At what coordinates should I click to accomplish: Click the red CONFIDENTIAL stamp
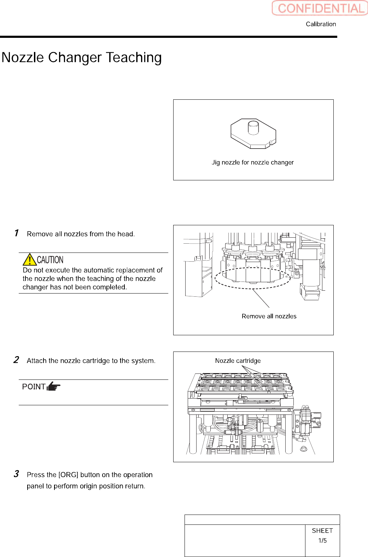(320, 8)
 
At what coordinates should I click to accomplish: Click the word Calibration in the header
(321, 24)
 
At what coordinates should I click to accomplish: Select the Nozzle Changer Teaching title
(82, 57)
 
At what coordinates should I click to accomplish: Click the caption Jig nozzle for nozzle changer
(252, 162)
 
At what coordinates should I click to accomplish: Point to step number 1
(16, 233)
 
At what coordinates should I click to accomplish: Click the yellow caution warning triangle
(30, 260)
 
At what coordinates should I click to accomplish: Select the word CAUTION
(50, 260)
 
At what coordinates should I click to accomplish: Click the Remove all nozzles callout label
(269, 316)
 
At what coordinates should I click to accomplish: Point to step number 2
(16, 360)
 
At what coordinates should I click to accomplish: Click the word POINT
(34, 387)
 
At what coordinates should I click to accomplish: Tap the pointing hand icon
(54, 386)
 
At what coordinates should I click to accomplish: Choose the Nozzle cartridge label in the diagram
(238, 361)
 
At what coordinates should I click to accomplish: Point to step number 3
(16, 474)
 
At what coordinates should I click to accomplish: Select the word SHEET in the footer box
(322, 530)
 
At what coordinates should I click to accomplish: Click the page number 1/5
(322, 540)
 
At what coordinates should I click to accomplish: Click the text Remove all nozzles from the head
(81, 234)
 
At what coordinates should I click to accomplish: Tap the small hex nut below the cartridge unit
(303, 449)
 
